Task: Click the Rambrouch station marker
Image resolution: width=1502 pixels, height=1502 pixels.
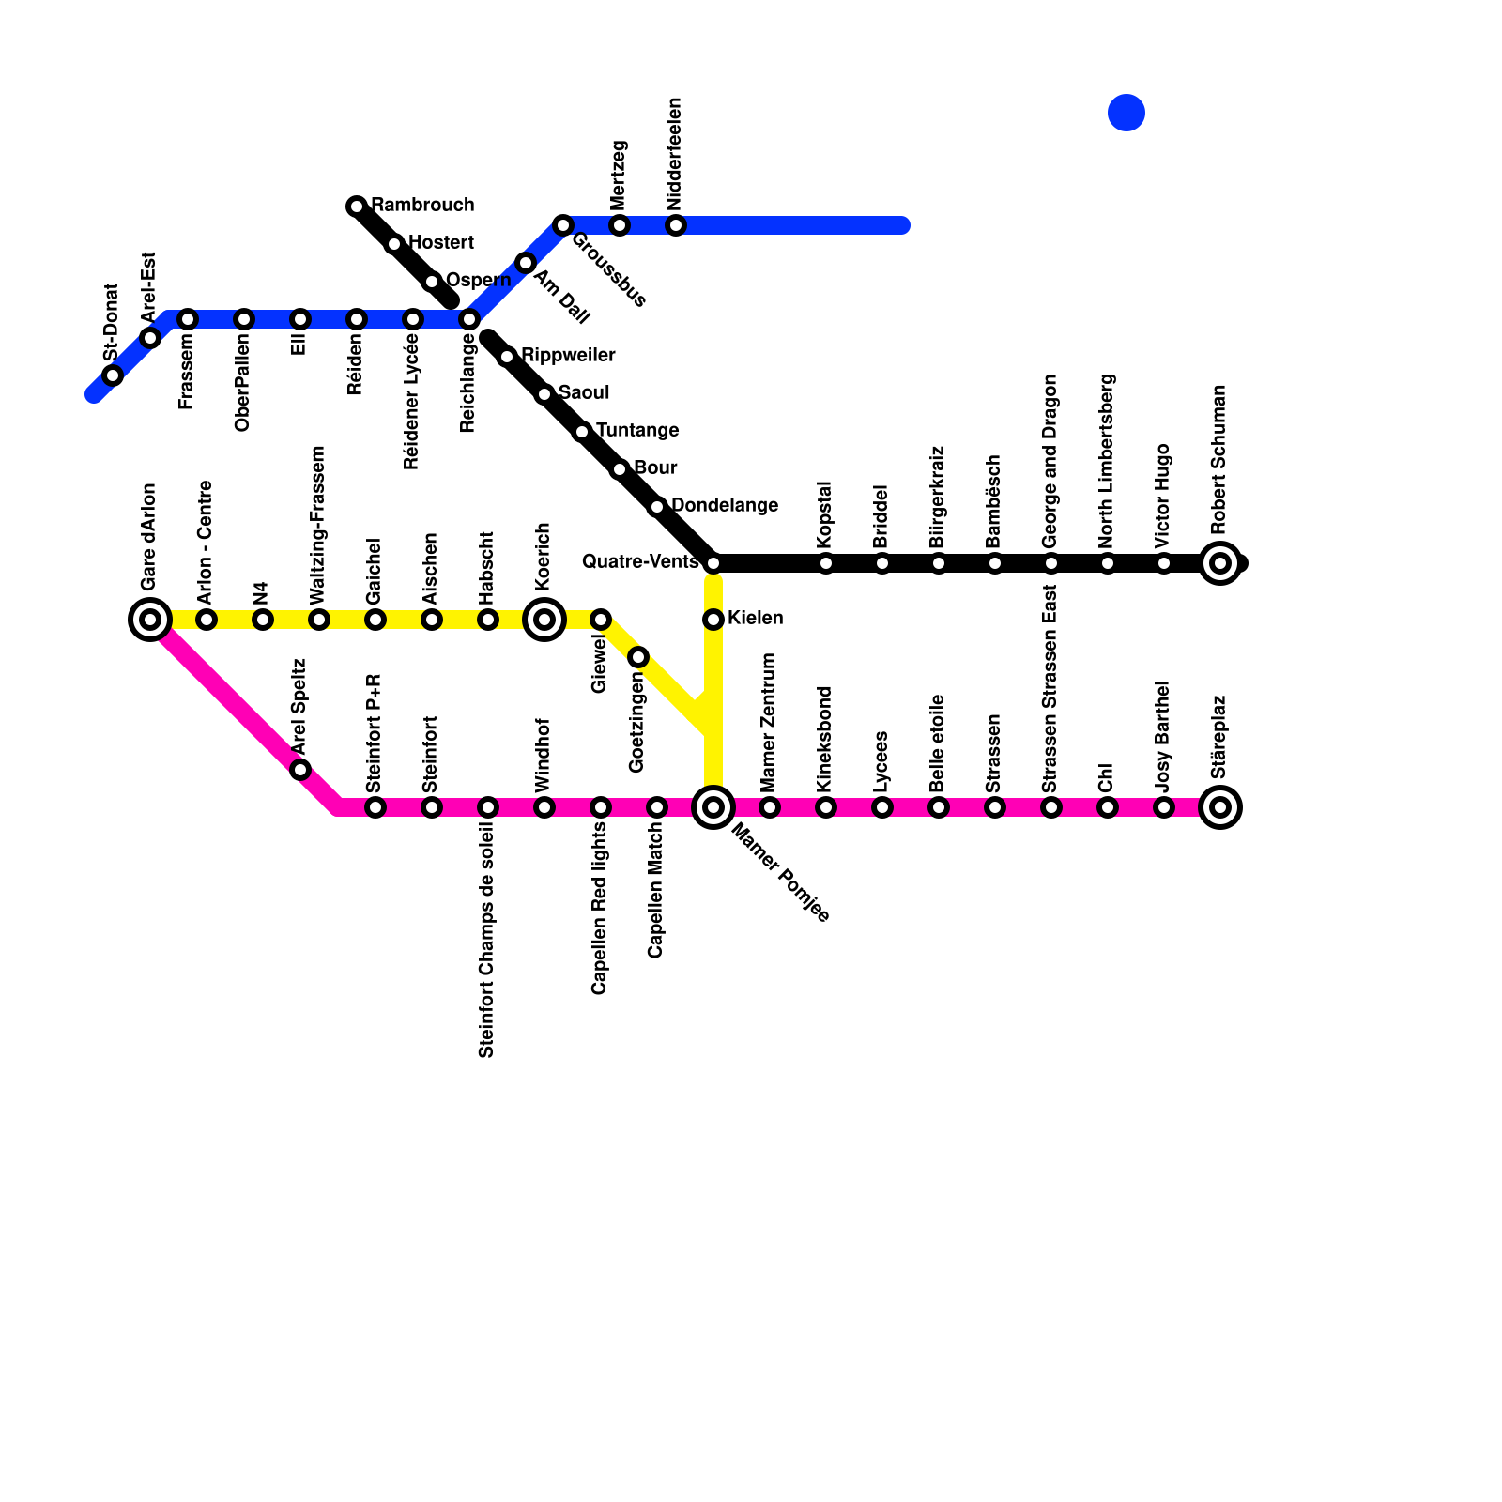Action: [357, 207]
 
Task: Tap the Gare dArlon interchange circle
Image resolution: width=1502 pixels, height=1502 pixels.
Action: [150, 620]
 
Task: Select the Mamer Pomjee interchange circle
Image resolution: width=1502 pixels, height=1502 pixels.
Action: [713, 807]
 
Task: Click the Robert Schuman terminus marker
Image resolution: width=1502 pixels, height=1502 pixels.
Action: [1220, 563]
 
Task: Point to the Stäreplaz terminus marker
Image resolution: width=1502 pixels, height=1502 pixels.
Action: [1220, 807]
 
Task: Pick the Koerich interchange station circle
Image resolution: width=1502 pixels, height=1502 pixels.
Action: [544, 620]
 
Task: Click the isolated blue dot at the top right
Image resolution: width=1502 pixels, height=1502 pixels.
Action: [1126, 113]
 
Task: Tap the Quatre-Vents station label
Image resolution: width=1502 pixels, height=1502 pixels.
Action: [639, 562]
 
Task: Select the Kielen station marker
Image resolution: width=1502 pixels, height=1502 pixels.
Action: [713, 620]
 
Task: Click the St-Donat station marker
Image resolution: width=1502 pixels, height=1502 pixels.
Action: [113, 375]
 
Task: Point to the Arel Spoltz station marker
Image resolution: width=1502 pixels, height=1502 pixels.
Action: [300, 770]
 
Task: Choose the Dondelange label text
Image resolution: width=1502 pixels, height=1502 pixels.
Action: [725, 506]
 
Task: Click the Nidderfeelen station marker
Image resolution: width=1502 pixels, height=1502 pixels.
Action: [676, 225]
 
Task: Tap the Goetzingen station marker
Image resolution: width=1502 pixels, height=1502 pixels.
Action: [638, 657]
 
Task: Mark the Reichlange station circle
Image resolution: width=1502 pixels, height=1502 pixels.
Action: [469, 319]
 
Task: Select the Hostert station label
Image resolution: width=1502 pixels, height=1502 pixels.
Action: [441, 243]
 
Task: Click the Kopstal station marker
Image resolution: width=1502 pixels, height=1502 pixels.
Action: [826, 563]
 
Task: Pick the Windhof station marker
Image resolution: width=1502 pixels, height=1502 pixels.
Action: [544, 807]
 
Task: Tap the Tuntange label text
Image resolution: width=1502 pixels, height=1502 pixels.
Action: [637, 431]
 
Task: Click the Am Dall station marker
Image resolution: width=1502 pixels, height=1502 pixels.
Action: [526, 263]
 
